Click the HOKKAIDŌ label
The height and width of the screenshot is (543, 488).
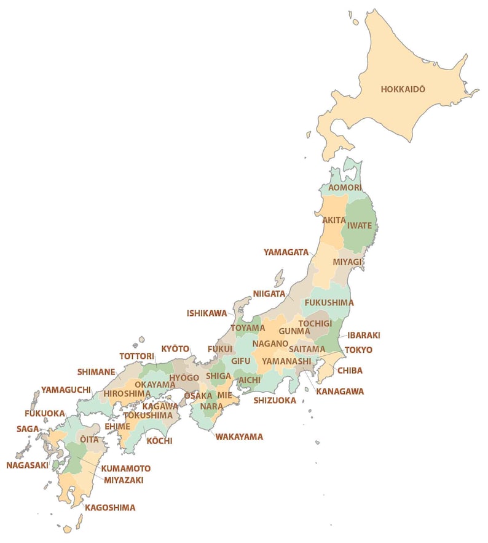point(403,89)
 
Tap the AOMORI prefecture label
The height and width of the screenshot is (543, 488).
point(345,187)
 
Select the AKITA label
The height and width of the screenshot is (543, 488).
point(334,220)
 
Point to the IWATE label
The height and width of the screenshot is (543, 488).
point(360,225)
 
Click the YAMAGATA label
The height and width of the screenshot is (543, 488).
point(286,252)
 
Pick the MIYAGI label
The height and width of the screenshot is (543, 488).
point(347,262)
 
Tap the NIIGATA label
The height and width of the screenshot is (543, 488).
point(269,294)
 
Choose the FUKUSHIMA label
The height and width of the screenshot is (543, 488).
point(329,303)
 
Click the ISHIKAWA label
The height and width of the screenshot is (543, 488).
point(207,313)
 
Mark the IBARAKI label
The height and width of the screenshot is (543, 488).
point(364,336)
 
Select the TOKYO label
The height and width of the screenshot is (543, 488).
point(358,350)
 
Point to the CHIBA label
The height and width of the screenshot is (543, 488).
point(349,371)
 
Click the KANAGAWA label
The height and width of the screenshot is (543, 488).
point(340,391)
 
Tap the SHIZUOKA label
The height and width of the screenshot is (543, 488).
point(275,400)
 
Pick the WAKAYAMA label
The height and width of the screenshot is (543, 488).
point(239,437)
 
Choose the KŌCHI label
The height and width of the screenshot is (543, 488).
point(159,441)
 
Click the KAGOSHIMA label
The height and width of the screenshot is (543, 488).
point(110,508)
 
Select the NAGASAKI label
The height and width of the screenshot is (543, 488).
point(27,465)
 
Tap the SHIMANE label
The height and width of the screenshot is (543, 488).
point(96,372)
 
